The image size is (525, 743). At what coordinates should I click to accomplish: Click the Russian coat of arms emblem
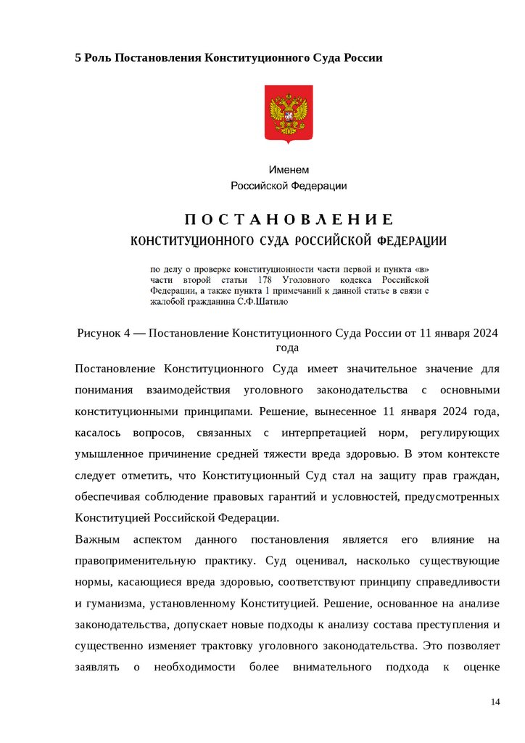pos(288,114)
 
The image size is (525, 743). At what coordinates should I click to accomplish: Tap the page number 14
pos(496,702)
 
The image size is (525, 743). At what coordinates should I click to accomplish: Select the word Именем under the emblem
pos(289,170)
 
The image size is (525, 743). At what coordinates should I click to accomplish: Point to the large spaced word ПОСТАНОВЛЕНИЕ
pos(288,220)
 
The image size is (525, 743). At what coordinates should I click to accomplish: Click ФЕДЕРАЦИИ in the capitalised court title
pos(413,240)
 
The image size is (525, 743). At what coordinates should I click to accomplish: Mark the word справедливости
pos(458,582)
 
